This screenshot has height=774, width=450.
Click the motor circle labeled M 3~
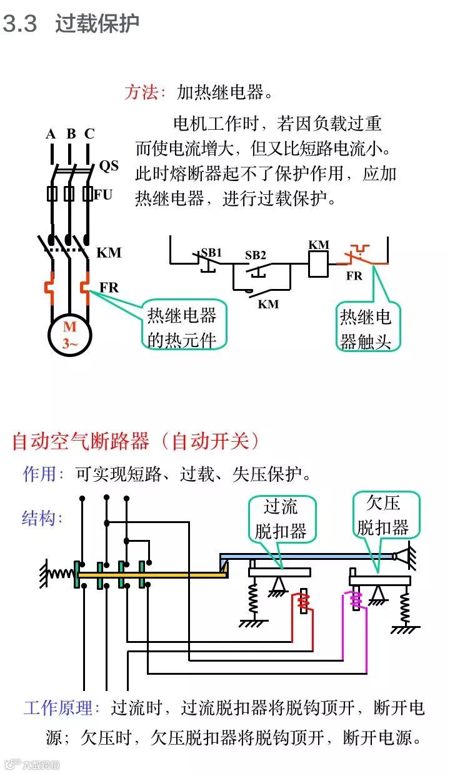70,335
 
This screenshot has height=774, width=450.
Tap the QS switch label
109,165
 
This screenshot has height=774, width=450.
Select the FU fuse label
104,194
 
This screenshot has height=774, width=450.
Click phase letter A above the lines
51,134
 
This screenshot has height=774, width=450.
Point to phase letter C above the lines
89,134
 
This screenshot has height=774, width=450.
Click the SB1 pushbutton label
211,253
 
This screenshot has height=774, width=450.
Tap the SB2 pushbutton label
255,255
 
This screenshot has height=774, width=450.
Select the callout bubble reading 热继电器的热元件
182,326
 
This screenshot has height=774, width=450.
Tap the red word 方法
144,93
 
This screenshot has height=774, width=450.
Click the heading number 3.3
20,24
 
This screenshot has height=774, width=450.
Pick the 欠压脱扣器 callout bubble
383,515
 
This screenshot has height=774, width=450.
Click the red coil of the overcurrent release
302,602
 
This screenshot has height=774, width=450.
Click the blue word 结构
41,517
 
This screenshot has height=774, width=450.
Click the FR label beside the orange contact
354,275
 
